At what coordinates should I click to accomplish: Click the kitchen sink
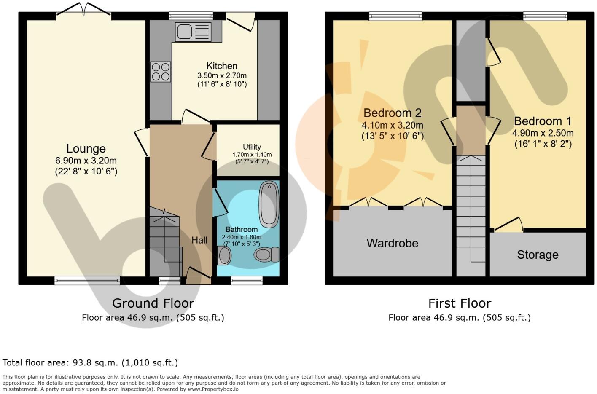(193, 32)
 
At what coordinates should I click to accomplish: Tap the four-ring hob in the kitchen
(161, 72)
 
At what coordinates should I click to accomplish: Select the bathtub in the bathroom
(268, 204)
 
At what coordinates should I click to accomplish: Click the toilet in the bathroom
(266, 255)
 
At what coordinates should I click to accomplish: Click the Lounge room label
(86, 149)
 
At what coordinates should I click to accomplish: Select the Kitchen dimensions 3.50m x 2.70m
(222, 76)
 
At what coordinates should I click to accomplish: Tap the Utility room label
(252, 147)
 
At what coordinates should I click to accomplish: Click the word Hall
(199, 240)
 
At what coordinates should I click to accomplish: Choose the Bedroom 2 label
(392, 113)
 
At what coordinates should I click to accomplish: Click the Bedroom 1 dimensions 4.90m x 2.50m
(543, 133)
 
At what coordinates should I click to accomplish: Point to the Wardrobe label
(392, 243)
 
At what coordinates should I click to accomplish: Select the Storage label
(538, 255)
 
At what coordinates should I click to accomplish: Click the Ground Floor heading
(153, 303)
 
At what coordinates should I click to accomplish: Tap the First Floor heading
(460, 303)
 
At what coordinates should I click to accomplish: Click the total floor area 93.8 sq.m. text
(90, 363)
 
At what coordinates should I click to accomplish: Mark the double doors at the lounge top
(83, 9)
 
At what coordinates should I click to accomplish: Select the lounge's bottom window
(87, 280)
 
